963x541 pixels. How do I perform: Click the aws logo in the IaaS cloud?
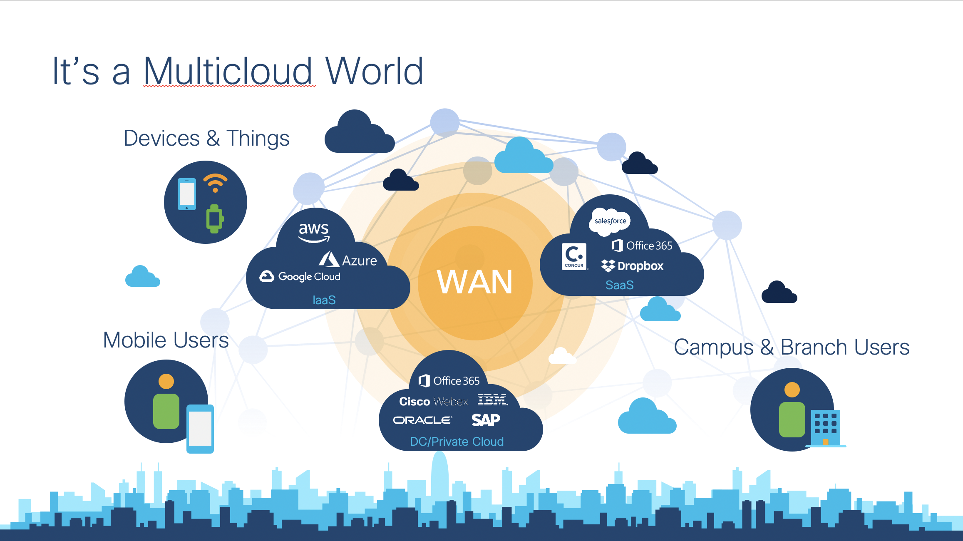click(x=314, y=232)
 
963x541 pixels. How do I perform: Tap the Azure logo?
click(x=348, y=259)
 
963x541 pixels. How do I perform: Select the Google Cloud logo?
click(x=300, y=276)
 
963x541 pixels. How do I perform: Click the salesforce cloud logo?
click(x=610, y=221)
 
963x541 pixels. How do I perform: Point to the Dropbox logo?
click(x=633, y=266)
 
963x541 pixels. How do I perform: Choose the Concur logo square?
click(x=574, y=256)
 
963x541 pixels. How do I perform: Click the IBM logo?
click(x=492, y=400)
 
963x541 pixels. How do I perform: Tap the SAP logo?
click(x=486, y=419)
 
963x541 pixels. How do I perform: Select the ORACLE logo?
click(x=422, y=420)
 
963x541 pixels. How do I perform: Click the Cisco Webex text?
click(x=433, y=402)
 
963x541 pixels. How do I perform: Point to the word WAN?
click(x=475, y=282)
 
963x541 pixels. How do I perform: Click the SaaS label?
click(x=619, y=285)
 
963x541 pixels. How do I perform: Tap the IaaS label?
click(x=324, y=300)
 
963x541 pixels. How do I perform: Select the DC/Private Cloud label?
click(x=457, y=442)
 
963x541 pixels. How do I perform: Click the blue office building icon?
click(x=826, y=428)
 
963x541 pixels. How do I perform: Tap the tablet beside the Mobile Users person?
click(x=200, y=429)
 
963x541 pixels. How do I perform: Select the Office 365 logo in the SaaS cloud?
click(x=642, y=246)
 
